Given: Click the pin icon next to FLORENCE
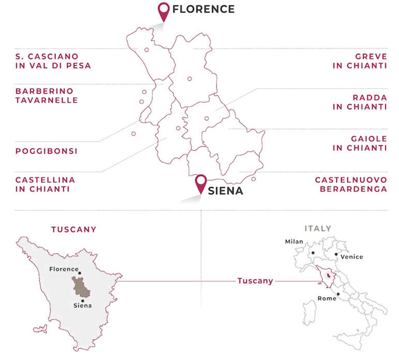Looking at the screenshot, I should [x=164, y=11].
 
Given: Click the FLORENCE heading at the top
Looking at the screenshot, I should [x=203, y=9].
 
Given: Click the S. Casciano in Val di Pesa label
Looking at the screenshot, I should [x=53, y=61].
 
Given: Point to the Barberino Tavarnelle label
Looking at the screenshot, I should [x=47, y=95].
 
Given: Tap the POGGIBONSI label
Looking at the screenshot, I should [x=46, y=151].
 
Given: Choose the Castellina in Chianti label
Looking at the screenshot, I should [x=45, y=184].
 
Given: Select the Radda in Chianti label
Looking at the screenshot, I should [x=360, y=102].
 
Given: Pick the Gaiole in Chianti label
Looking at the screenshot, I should [x=360, y=143].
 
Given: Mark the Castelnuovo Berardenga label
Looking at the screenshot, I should [x=351, y=184].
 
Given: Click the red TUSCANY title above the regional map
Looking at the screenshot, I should [x=73, y=229].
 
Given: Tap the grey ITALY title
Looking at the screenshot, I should [x=318, y=228].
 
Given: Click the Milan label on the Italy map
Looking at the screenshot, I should [x=294, y=241].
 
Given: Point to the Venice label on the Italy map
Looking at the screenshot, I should [x=352, y=257].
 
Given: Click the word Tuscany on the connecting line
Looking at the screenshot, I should [x=255, y=281].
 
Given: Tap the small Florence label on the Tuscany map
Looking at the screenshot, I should [x=64, y=269].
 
